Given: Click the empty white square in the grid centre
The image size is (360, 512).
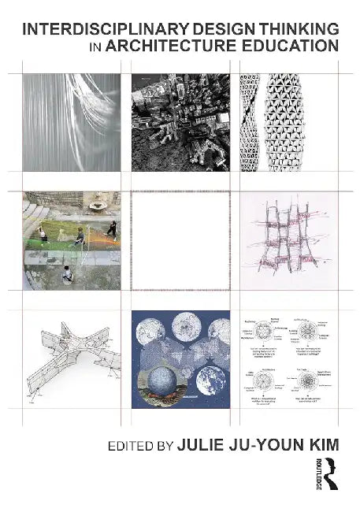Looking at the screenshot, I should click(x=180, y=240).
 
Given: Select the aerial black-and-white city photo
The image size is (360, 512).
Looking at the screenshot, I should click(x=180, y=122).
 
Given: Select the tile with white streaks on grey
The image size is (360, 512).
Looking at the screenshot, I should click(x=71, y=122).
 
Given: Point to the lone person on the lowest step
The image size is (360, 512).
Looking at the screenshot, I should click(x=66, y=273).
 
